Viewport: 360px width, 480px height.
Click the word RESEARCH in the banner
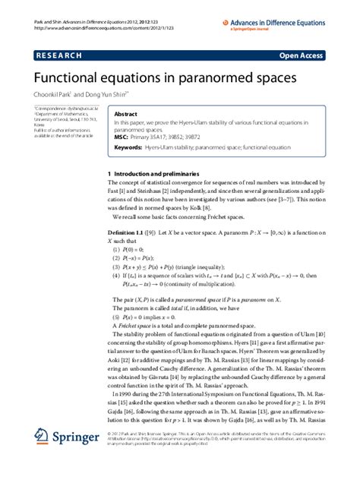tap(59, 55)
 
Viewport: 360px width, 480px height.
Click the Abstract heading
tap(125, 112)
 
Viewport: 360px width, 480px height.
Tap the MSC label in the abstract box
tap(121, 137)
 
